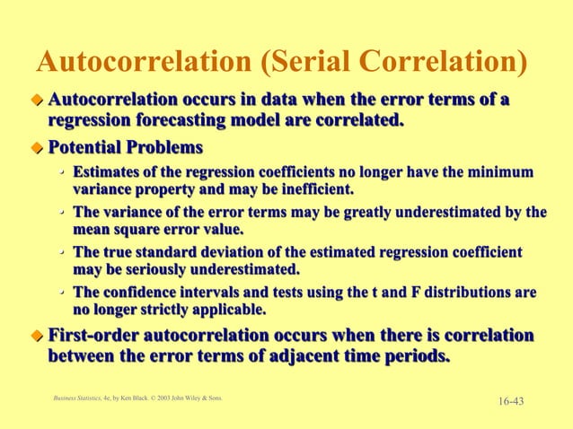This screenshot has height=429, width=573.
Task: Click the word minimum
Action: [x=507, y=171]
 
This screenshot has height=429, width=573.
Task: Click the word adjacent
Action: [x=278, y=356]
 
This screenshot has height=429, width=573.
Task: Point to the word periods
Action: [x=412, y=356]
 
